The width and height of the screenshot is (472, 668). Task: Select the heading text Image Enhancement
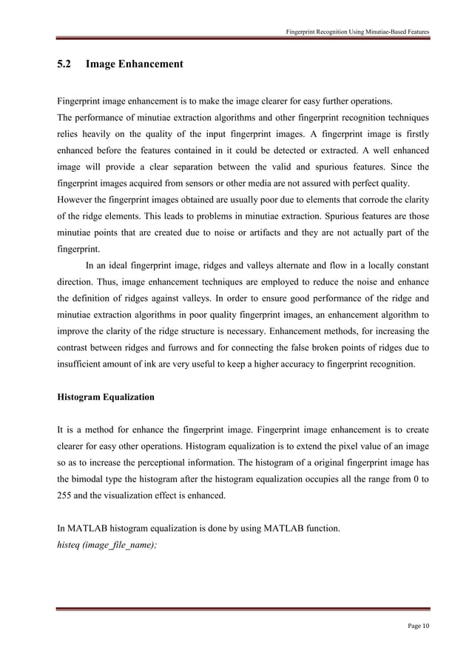coord(135,65)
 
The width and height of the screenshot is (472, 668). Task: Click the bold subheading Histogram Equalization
coord(106,397)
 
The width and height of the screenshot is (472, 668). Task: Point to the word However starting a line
coord(75,199)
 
